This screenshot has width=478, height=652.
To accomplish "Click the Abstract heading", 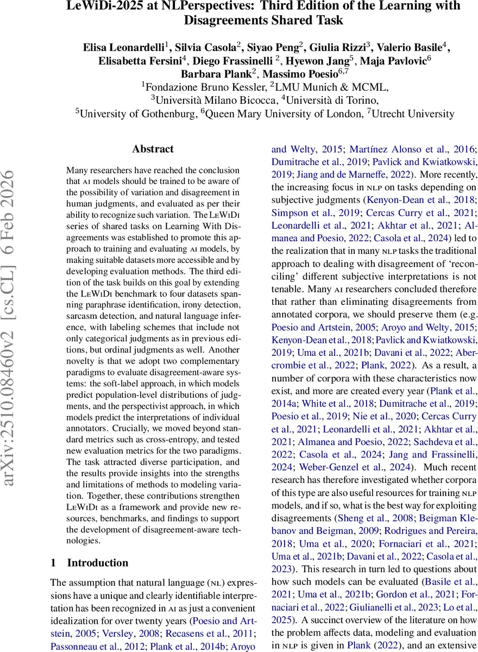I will (153, 149).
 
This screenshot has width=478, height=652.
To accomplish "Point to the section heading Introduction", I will (97, 562).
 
